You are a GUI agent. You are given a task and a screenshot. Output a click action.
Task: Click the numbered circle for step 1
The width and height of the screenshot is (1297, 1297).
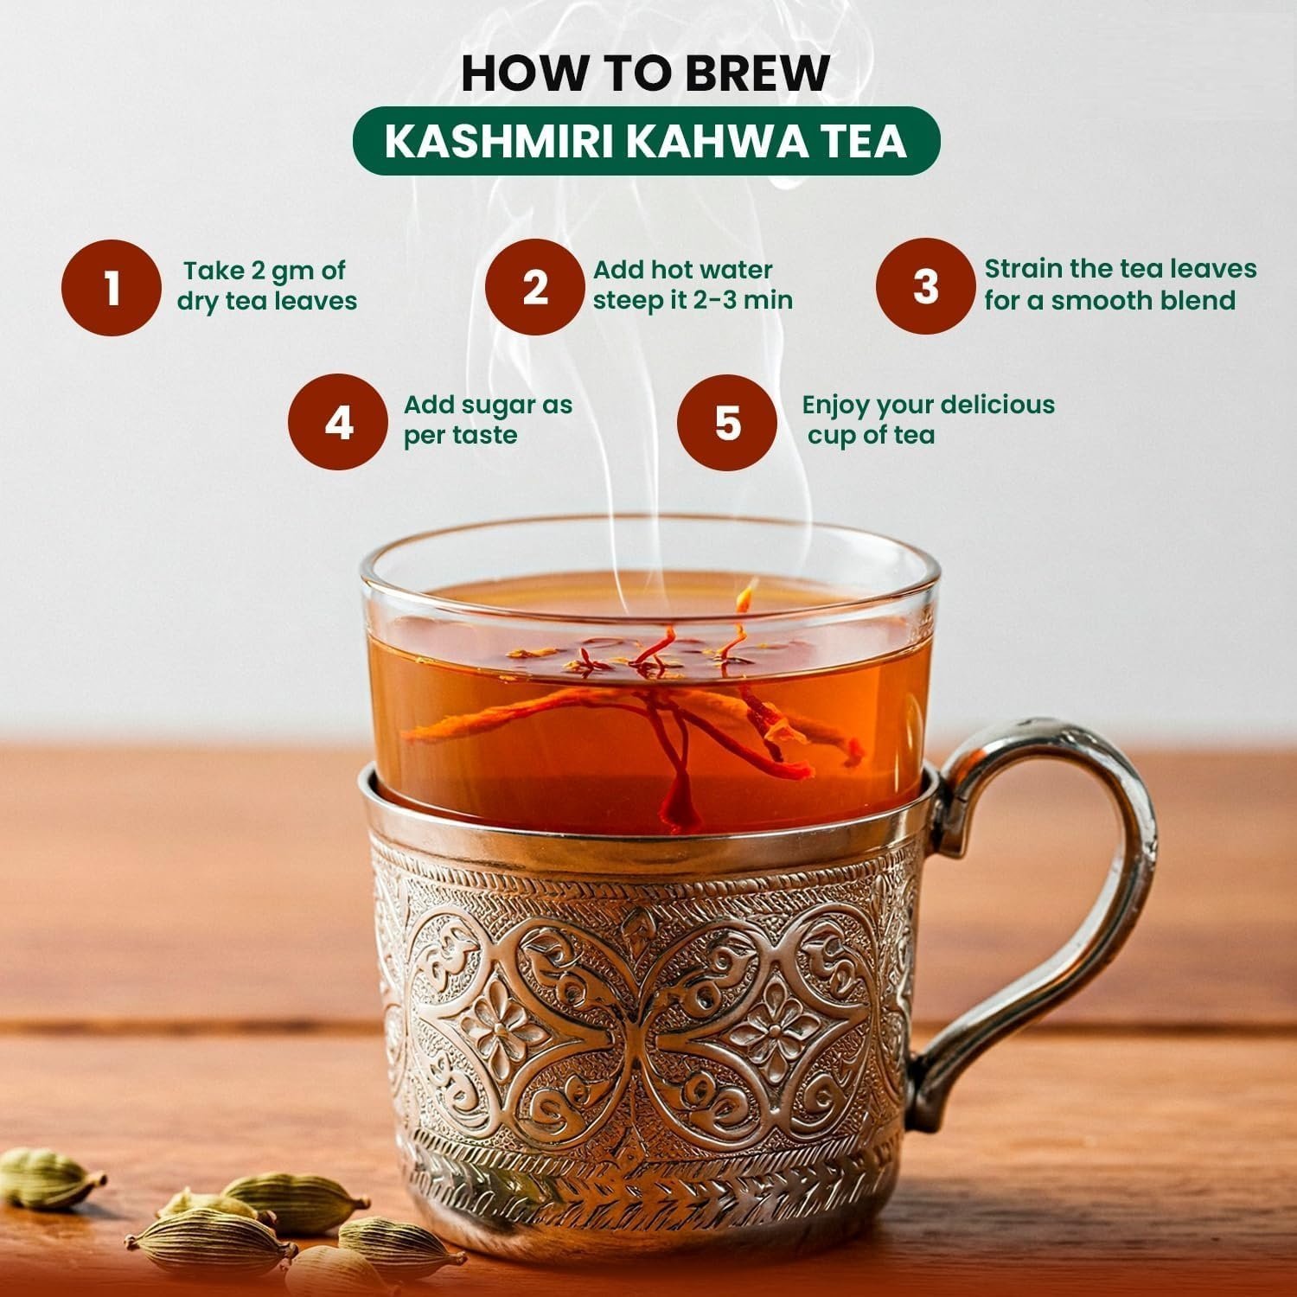[112, 287]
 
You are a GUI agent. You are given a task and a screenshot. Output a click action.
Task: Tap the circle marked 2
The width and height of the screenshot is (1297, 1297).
[534, 287]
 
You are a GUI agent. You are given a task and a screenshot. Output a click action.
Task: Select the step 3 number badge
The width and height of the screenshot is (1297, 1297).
[925, 287]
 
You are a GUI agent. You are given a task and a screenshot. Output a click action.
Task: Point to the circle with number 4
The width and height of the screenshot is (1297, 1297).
[338, 423]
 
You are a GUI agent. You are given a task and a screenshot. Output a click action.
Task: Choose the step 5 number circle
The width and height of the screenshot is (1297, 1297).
[727, 423]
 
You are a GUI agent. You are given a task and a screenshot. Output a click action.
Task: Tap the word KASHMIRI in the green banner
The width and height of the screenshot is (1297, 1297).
[499, 142]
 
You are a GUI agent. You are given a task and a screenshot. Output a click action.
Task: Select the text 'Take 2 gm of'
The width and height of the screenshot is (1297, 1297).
[265, 272]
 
